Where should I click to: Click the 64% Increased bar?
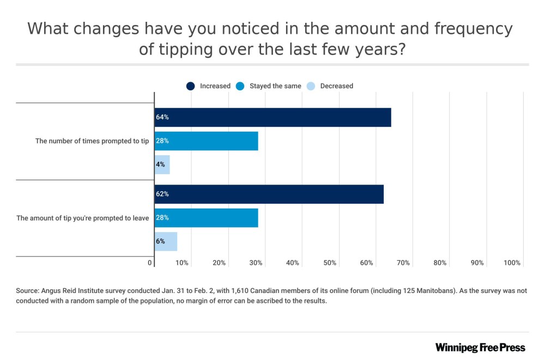click(272, 117)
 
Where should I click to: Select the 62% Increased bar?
click(269, 194)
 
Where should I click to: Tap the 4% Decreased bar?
click(162, 164)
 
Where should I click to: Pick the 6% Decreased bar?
click(166, 241)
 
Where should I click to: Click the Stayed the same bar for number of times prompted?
click(207, 141)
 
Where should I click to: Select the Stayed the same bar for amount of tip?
click(207, 217)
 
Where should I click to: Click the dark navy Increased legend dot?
click(191, 86)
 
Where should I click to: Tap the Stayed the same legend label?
click(275, 86)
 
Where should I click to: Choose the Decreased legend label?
click(336, 86)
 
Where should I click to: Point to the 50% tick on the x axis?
click(329, 263)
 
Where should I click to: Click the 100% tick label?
click(512, 263)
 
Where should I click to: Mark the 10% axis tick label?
click(182, 263)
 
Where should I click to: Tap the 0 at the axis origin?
click(150, 263)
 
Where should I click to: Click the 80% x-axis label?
click(440, 263)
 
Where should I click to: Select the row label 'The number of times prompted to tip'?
click(92, 141)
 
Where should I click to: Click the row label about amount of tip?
click(83, 218)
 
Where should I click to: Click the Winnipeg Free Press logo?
click(480, 347)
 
